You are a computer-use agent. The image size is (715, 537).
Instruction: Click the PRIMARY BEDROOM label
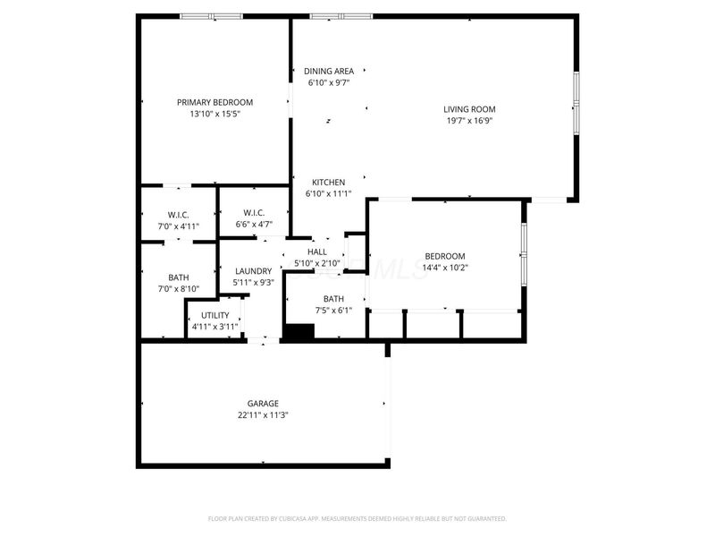214,102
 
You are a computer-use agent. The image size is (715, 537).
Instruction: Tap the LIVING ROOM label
469,109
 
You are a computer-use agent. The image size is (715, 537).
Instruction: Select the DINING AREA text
329,72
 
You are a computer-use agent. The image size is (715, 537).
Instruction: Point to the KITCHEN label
328,183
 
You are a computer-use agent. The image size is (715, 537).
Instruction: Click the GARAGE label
263,404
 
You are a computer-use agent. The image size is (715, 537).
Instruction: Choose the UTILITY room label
215,316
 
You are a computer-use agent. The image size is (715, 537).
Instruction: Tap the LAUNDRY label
254,271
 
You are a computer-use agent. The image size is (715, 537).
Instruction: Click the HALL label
317,252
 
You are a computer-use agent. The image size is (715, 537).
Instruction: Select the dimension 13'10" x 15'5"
214,114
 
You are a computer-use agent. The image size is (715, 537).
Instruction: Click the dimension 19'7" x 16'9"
469,121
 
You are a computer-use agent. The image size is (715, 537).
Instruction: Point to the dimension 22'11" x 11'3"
263,415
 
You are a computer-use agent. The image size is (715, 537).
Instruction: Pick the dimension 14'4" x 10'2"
445,268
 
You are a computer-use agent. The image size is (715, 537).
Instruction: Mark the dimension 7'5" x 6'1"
333,311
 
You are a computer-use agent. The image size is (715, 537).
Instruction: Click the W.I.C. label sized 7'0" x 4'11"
178,215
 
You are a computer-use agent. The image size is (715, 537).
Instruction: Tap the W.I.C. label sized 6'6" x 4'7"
254,213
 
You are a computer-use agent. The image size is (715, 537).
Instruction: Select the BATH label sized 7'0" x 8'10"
178,277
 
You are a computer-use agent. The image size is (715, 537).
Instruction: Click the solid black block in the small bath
299,331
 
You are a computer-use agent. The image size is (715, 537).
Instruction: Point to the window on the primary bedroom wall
212,16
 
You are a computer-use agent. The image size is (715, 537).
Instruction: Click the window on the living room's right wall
576,103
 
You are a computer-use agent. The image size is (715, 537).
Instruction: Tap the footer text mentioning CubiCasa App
357,519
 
